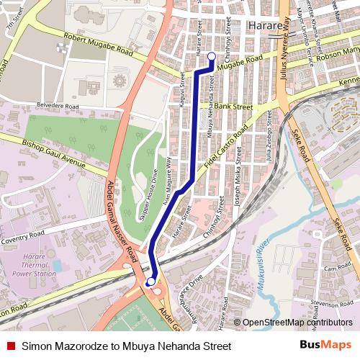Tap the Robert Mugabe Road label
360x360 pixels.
99,45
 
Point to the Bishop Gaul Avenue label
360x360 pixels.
53,148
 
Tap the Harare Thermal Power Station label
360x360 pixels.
34,264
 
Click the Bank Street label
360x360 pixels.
233,107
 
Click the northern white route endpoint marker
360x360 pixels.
211,56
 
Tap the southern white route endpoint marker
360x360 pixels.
151,282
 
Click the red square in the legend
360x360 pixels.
10,346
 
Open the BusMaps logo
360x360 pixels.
325,346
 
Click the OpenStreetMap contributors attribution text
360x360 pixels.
293,323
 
